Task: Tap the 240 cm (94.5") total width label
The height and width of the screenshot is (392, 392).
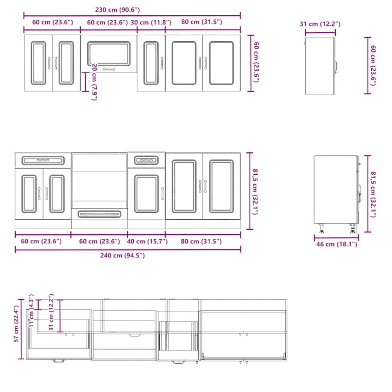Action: click(x=123, y=255)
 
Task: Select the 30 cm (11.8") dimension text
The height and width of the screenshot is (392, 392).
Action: click(x=151, y=22)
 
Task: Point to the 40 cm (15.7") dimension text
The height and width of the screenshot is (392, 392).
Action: click(x=147, y=241)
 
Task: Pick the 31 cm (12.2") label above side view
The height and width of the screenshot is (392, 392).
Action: click(x=320, y=24)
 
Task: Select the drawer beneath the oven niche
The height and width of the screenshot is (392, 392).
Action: click(x=99, y=214)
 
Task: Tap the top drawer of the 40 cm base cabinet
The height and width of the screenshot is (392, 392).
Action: click(x=146, y=160)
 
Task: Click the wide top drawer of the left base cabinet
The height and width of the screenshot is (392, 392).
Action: click(x=43, y=160)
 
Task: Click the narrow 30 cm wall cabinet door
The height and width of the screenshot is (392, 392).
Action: click(x=151, y=63)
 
